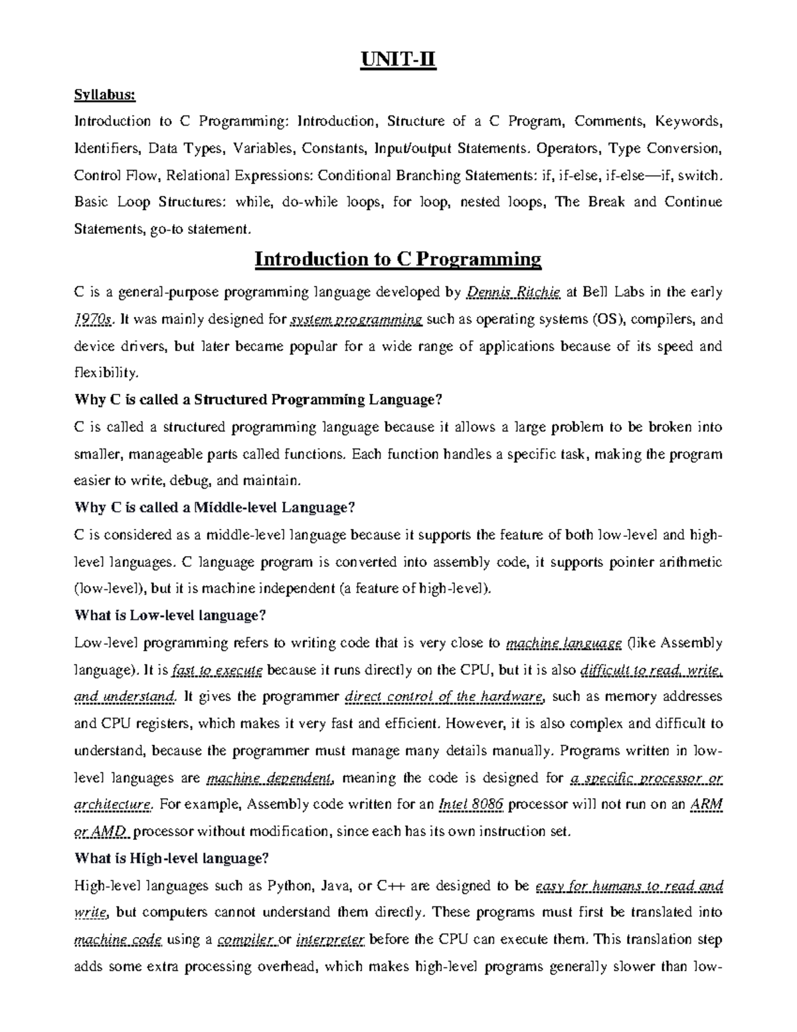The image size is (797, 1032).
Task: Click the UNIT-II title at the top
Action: click(398, 62)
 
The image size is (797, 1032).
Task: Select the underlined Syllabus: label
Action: click(105, 95)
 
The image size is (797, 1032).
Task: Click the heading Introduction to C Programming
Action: click(398, 258)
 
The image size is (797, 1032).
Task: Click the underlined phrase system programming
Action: click(357, 320)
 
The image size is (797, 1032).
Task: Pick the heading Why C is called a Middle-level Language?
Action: click(215, 508)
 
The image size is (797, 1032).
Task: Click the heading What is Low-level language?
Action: click(170, 615)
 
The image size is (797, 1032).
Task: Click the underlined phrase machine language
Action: click(564, 643)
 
